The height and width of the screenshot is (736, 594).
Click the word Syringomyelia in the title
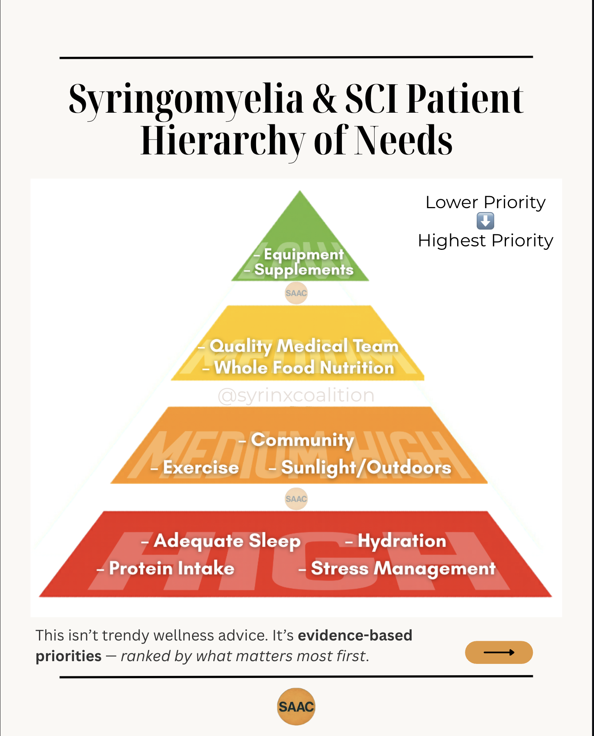pyautogui.click(x=186, y=99)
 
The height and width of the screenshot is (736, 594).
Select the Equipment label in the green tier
pyautogui.click(x=304, y=255)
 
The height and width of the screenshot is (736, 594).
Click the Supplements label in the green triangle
pyautogui.click(x=304, y=270)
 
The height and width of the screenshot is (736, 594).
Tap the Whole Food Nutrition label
pyautogui.click(x=304, y=368)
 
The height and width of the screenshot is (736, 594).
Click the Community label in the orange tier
pyautogui.click(x=302, y=440)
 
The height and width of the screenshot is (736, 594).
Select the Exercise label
pyautogui.click(x=200, y=467)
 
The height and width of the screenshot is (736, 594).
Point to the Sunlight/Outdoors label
pyautogui.click(x=366, y=467)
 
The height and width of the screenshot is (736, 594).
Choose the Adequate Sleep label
pyautogui.click(x=227, y=541)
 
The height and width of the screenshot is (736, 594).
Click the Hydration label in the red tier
pyautogui.click(x=401, y=541)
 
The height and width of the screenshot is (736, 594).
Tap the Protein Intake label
pyautogui.click(x=171, y=568)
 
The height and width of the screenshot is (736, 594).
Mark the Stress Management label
pyautogui.click(x=403, y=568)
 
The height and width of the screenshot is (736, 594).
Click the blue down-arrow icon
pyautogui.click(x=485, y=221)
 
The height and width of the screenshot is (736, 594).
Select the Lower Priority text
pyautogui.click(x=485, y=202)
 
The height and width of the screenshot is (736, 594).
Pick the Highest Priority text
pyautogui.click(x=485, y=241)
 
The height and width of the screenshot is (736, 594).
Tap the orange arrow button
pyautogui.click(x=499, y=652)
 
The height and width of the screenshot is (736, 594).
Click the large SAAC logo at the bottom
pyautogui.click(x=296, y=706)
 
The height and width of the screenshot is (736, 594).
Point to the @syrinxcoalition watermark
pyautogui.click(x=296, y=395)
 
